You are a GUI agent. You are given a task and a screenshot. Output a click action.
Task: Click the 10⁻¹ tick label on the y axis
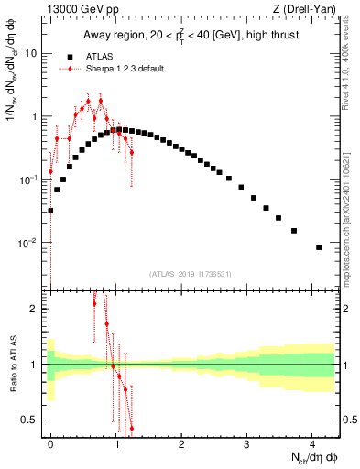point(30,180)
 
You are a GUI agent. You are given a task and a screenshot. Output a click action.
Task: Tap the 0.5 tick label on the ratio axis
point(33,420)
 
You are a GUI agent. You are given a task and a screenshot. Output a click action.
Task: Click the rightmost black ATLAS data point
point(319,247)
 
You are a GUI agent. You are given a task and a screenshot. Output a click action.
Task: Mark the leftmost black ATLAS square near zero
point(50,211)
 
